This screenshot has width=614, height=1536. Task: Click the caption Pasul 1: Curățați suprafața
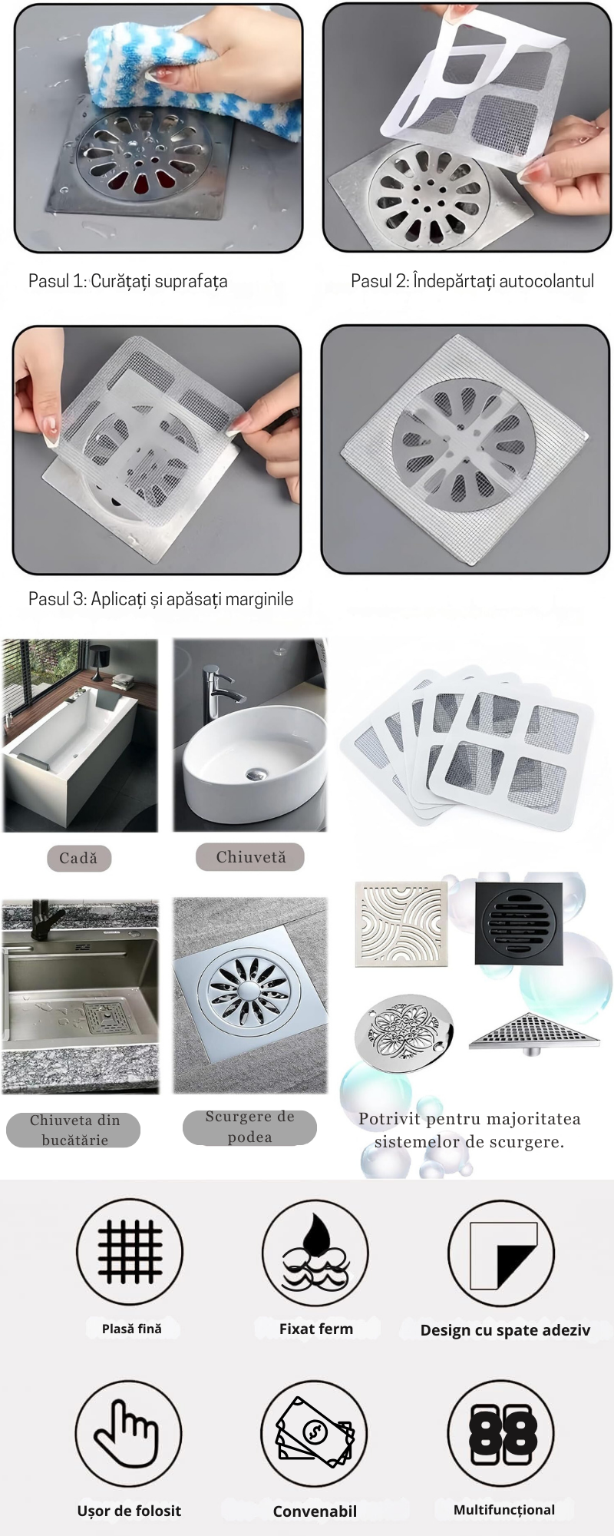pyautogui.click(x=128, y=281)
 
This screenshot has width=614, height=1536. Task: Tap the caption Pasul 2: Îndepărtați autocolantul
pyautogui.click(x=473, y=281)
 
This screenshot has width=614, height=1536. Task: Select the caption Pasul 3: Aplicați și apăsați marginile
pyautogui.click(x=161, y=599)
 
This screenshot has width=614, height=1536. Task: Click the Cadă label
pyautogui.click(x=78, y=858)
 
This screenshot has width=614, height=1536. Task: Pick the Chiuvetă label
pyautogui.click(x=250, y=857)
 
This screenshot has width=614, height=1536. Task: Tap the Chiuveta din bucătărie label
pyautogui.click(x=74, y=1130)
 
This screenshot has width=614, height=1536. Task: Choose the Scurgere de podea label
pyautogui.click(x=250, y=1127)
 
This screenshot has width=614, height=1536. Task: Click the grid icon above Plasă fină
pyautogui.click(x=130, y=1252)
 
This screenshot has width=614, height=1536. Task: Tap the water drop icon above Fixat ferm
pyautogui.click(x=315, y=1253)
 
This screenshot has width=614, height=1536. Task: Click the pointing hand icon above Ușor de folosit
pyautogui.click(x=128, y=1433)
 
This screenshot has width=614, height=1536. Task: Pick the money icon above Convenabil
pyautogui.click(x=314, y=1433)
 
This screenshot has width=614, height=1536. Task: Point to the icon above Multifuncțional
pyautogui.click(x=500, y=1433)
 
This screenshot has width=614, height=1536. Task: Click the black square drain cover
pyautogui.click(x=518, y=924)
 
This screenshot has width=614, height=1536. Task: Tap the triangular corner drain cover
pyautogui.click(x=534, y=1031)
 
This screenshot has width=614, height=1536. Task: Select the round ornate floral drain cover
pyautogui.click(x=404, y=1033)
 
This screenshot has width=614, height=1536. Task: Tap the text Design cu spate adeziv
pyautogui.click(x=505, y=1330)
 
